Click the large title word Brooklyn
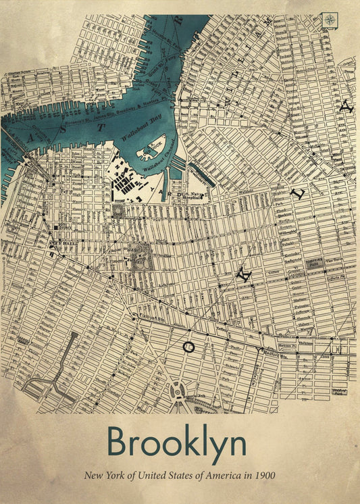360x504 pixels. click(177, 443)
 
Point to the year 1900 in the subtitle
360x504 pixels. click(264, 476)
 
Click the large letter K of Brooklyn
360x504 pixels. click(246, 275)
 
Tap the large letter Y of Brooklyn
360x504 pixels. click(346, 107)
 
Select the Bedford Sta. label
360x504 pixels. click(274, 351)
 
